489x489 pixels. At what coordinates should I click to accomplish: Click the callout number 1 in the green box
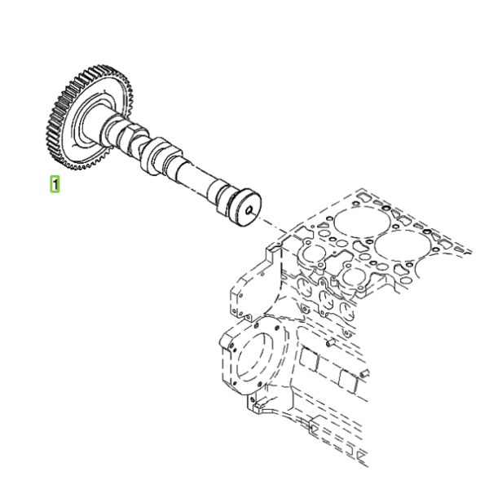(x=55, y=184)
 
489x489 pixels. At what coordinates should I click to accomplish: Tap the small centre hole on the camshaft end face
(x=249, y=211)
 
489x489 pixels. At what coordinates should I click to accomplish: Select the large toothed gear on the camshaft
(x=88, y=117)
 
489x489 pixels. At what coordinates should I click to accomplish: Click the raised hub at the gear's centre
(x=90, y=124)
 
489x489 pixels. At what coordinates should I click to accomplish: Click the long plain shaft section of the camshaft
(x=196, y=177)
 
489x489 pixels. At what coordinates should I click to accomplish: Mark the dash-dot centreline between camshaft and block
(x=275, y=225)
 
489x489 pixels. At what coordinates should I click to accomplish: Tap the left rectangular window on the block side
(x=309, y=359)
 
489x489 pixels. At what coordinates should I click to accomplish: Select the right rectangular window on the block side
(x=348, y=381)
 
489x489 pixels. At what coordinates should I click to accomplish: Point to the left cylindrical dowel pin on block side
(x=330, y=342)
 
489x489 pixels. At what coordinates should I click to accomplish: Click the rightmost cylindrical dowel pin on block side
(x=364, y=373)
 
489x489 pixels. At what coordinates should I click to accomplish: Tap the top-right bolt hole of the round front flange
(x=276, y=328)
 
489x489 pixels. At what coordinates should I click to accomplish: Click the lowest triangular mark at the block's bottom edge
(x=361, y=458)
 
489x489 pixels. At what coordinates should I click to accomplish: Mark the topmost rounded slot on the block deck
(x=363, y=196)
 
